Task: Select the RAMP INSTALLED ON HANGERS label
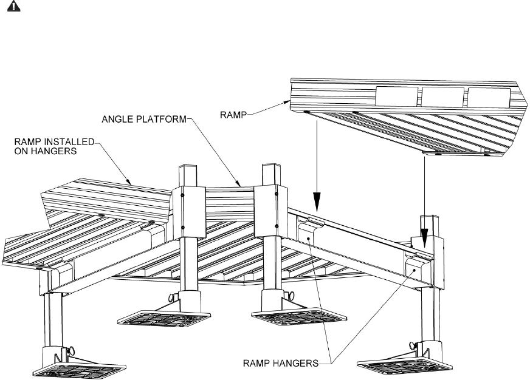tap(54, 146)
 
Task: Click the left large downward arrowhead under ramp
tap(316, 200)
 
